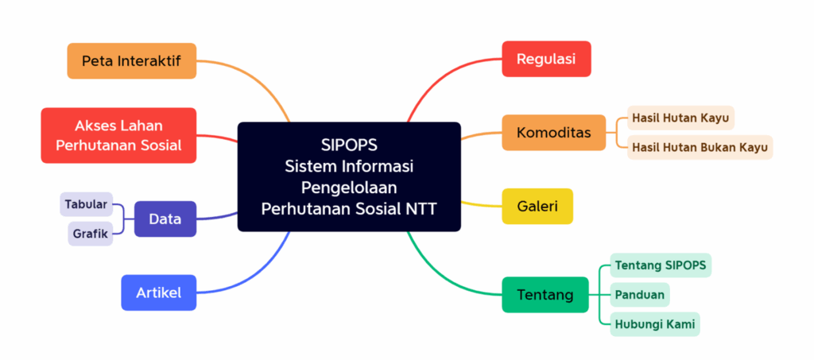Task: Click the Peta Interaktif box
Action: pos(131,60)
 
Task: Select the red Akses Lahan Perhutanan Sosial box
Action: pos(118,135)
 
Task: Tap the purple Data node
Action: pos(165,219)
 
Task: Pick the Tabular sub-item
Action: pos(86,204)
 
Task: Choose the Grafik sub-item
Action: pos(91,234)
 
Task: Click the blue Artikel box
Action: pos(159,292)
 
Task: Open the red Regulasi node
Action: pos(546,59)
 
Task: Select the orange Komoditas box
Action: pos(553,133)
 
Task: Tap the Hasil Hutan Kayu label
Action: pos(680,118)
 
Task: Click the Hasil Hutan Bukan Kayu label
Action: pos(700,147)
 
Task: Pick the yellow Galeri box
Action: pos(537,207)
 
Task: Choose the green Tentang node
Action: pos(545,295)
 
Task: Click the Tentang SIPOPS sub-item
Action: pos(661,265)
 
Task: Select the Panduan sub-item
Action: pos(640,295)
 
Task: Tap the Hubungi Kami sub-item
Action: pos(655,324)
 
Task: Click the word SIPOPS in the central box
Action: pos(349,145)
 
